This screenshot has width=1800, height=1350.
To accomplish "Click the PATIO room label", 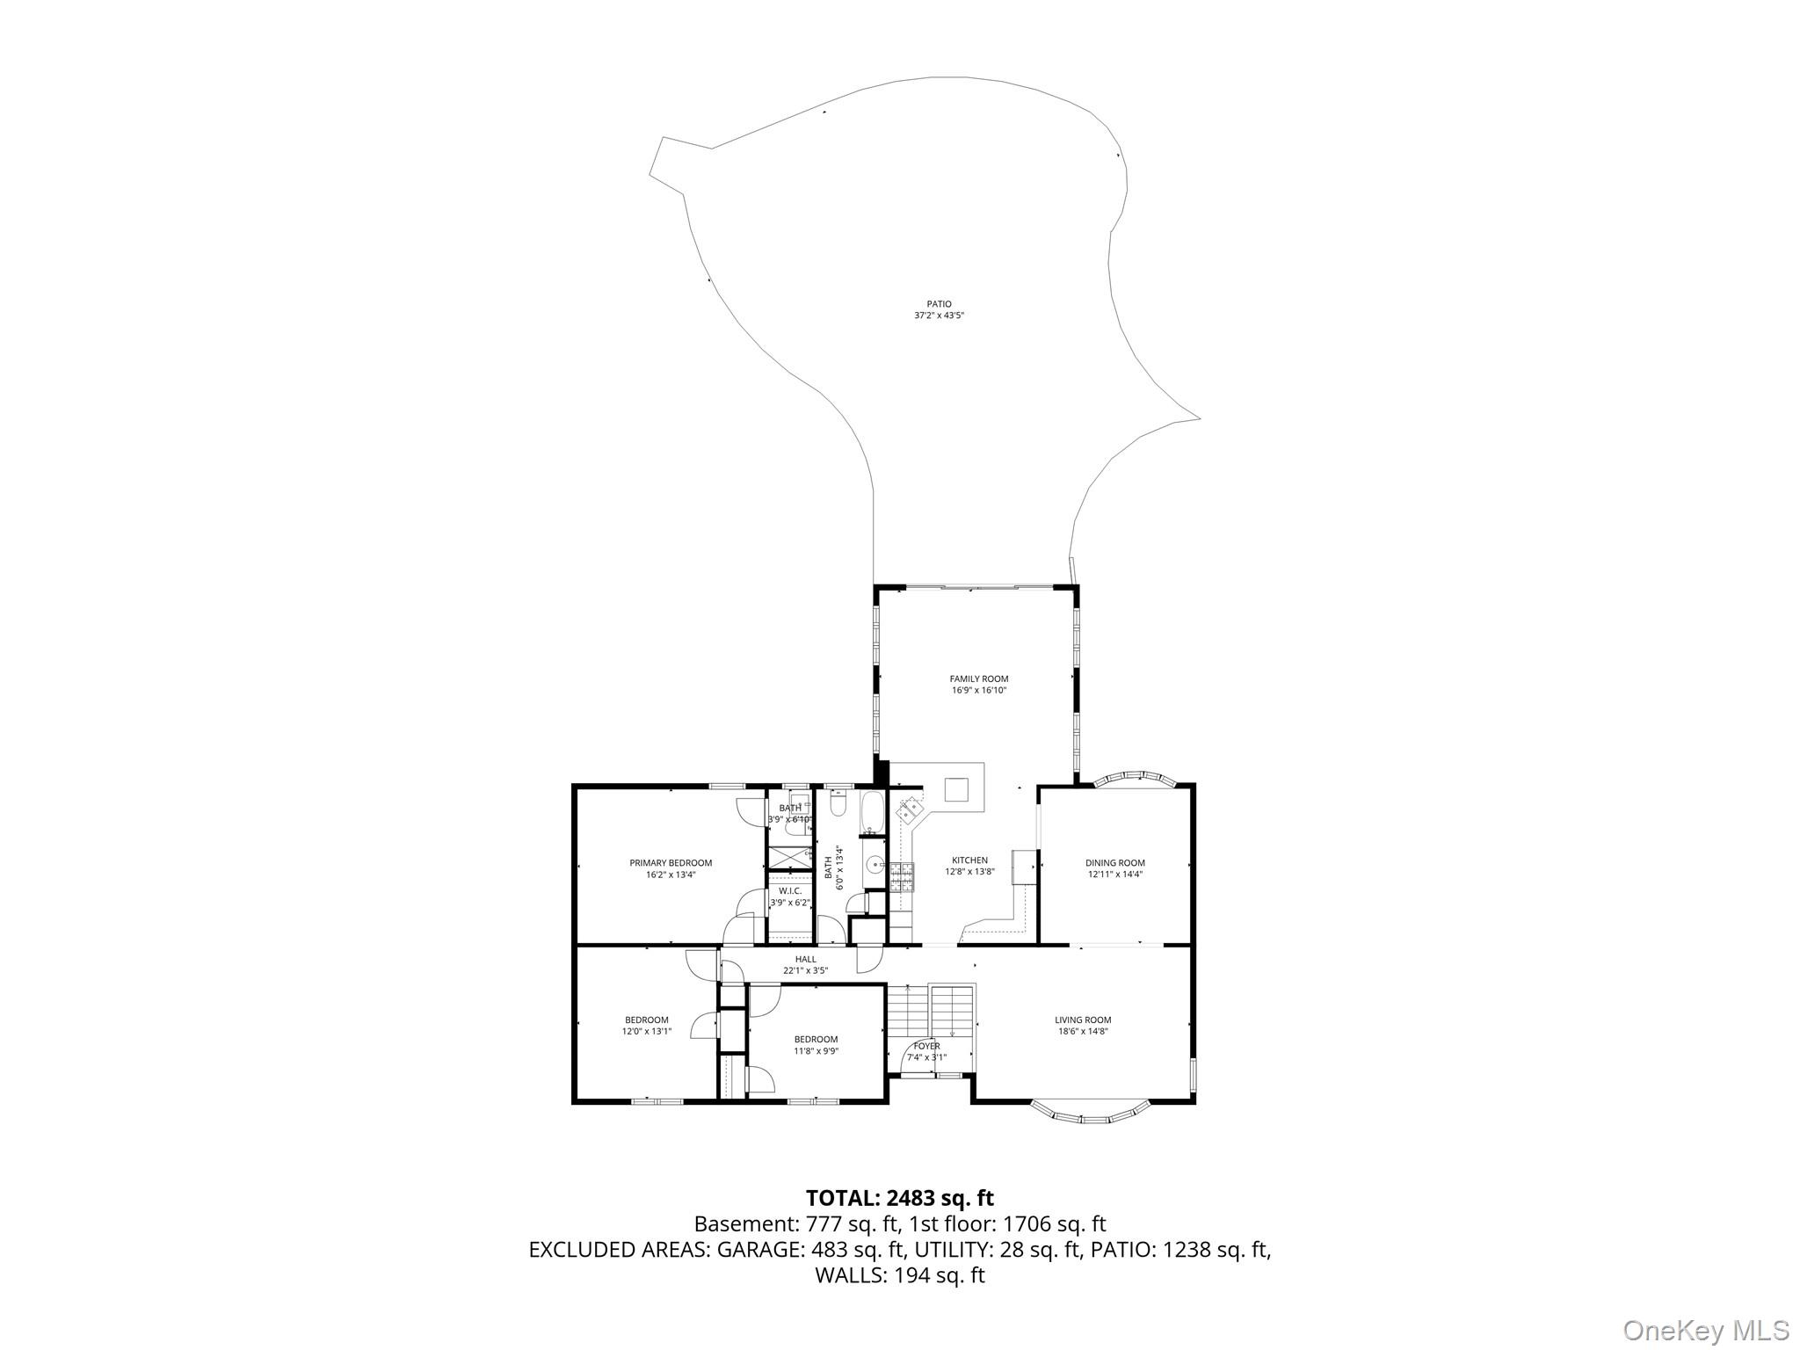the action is click(939, 304).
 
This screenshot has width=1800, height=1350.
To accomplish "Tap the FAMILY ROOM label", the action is click(978, 679).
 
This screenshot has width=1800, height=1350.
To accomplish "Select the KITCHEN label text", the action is click(969, 860).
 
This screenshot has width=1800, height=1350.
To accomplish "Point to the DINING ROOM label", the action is click(1114, 863).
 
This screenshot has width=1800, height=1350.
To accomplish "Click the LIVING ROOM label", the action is click(1083, 1020).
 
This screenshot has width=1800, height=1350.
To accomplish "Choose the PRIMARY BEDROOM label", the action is click(671, 863).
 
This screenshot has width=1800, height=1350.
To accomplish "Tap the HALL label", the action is click(806, 960).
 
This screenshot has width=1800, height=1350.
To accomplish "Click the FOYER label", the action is click(926, 1046).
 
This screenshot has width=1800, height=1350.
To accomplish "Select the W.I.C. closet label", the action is click(790, 890).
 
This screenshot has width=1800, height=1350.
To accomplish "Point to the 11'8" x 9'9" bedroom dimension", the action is click(816, 1050).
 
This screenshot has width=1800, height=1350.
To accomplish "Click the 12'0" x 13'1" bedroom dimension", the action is click(647, 1031).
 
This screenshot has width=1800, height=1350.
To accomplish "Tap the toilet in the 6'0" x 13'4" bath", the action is click(837, 805).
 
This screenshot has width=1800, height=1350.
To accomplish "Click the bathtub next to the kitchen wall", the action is click(873, 813).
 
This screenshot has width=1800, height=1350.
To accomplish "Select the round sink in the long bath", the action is click(875, 865).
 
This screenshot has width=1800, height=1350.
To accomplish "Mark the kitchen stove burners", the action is click(902, 876).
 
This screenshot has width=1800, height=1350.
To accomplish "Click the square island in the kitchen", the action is click(957, 789).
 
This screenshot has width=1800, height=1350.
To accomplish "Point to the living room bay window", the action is click(1090, 1113).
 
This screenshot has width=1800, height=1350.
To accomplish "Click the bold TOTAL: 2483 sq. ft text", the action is click(900, 1197).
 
